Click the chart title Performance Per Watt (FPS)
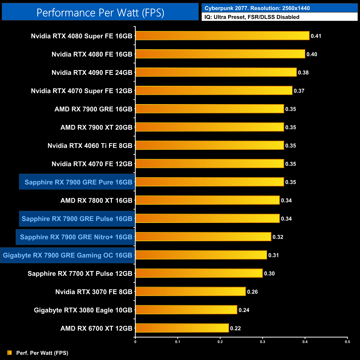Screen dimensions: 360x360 click(100, 13)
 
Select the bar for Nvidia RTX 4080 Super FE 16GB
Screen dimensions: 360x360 click(222, 36)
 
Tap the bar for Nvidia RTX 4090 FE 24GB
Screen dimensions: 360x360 click(216, 72)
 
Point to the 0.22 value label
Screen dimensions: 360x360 click(235, 328)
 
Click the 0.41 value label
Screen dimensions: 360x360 click(316, 36)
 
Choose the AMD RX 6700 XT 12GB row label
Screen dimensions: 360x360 click(96, 328)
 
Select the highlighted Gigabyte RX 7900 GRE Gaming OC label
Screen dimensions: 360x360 click(68, 255)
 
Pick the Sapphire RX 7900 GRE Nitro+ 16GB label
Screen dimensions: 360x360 click(76, 237)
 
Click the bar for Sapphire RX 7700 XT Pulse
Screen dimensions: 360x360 click(199, 273)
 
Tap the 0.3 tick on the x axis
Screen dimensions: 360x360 click(263, 342)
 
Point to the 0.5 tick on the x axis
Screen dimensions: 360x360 click(347, 342)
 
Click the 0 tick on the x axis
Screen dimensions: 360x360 click(135, 342)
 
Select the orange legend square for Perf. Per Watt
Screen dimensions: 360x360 click(10, 353)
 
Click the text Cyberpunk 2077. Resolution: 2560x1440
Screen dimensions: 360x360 click(257, 8)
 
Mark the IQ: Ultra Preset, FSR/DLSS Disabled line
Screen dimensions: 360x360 click(252, 17)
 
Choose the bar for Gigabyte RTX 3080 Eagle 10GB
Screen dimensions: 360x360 click(186, 310)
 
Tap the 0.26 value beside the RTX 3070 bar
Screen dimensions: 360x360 click(252, 292)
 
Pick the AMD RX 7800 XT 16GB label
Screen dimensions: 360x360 click(96, 200)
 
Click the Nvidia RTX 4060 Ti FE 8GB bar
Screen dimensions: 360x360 click(210, 145)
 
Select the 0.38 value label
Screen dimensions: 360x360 click(303, 73)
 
